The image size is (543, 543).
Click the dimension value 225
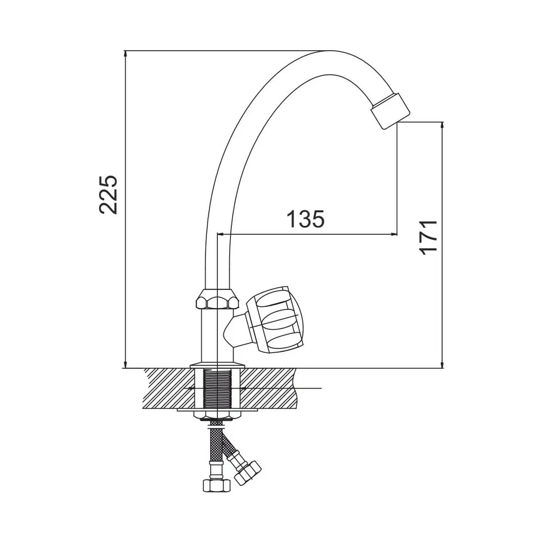pos(108,195)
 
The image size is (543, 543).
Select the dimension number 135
pos(305,219)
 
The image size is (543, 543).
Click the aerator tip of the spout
pos(390,111)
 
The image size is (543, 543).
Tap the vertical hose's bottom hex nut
pos(217,485)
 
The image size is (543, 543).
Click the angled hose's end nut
pos(247,473)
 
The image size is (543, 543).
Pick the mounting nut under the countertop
pos(217,414)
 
